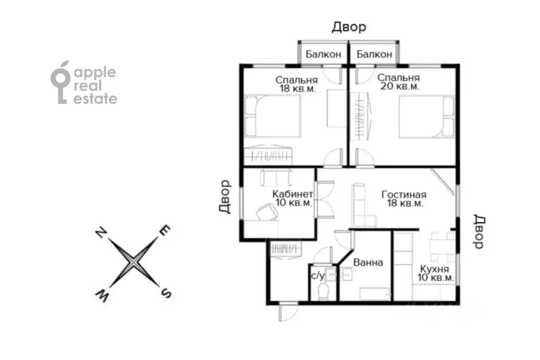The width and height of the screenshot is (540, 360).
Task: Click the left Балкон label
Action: (x=323, y=54)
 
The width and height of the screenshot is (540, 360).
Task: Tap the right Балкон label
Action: (x=374, y=54)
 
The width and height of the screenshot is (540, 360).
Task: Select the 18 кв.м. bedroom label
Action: (x=297, y=84)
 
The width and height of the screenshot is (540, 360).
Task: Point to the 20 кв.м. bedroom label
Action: (x=400, y=82)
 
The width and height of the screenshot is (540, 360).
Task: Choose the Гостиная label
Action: (x=404, y=195)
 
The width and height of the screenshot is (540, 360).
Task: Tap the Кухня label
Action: (x=434, y=269)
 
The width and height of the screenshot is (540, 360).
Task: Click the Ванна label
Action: (x=368, y=262)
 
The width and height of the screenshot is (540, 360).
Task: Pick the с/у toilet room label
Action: (x=318, y=276)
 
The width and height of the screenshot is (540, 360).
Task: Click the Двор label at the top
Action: (x=349, y=27)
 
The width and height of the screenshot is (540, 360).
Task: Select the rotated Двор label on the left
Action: (x=224, y=197)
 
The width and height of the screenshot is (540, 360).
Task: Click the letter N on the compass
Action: (x=101, y=233)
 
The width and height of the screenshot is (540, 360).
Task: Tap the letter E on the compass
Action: (x=165, y=230)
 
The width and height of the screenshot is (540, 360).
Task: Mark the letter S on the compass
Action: (x=166, y=293)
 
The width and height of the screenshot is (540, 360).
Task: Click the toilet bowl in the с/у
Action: (x=324, y=291)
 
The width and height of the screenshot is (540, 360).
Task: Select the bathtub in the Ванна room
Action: (x=375, y=295)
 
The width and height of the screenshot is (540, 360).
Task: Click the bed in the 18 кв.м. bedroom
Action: (x=272, y=116)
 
